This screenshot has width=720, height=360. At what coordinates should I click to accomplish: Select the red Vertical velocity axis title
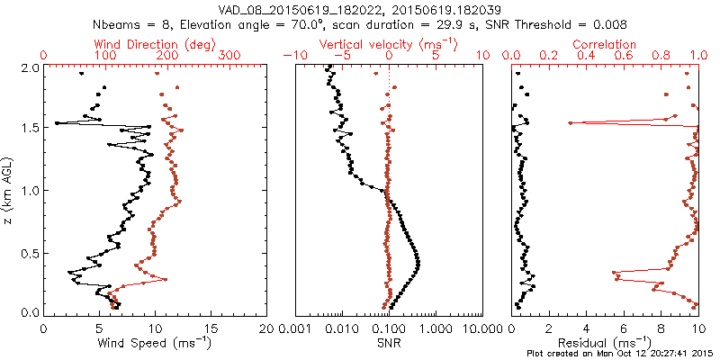[x=389, y=44]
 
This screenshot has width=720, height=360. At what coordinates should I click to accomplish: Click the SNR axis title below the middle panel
[x=389, y=343]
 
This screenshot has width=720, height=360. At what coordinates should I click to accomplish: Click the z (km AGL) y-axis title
[x=11, y=190]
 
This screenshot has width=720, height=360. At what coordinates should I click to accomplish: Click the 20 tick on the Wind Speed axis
[x=265, y=328]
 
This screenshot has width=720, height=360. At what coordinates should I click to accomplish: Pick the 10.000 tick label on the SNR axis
[x=479, y=328]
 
